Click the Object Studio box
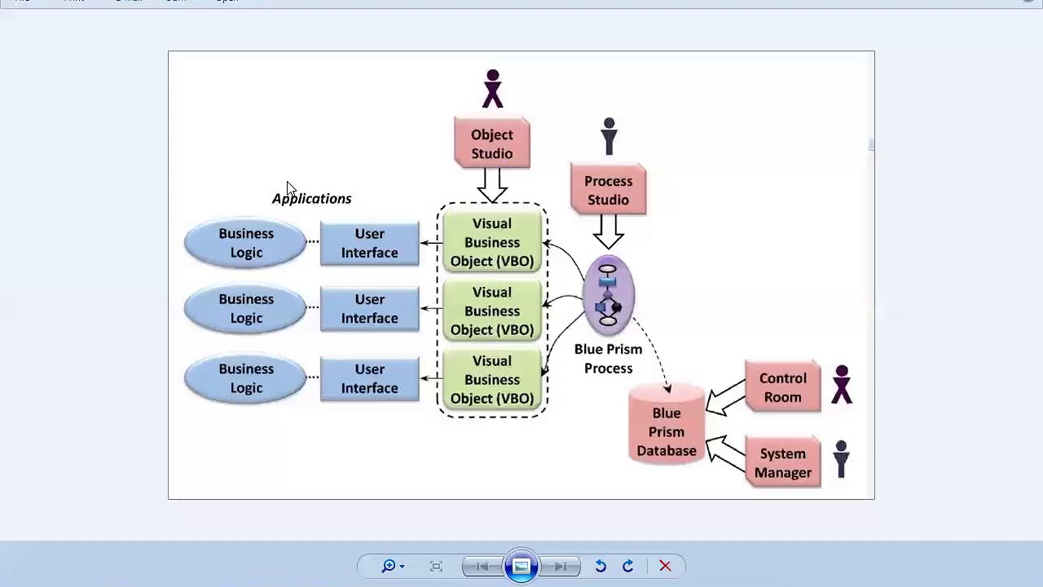(491, 144)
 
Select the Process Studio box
(608, 191)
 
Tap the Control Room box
(782, 388)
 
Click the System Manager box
(782, 463)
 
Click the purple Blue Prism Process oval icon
(608, 296)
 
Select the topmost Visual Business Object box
(491, 242)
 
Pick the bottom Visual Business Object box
(491, 380)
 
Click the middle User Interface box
(369, 309)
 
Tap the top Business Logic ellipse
(245, 243)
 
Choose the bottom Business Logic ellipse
(245, 378)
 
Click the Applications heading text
(311, 199)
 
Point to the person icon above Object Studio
(492, 89)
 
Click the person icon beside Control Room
(842, 385)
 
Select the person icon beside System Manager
(841, 459)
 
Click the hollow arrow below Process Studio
(608, 231)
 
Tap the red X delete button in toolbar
(665, 566)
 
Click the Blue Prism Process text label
(608, 359)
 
